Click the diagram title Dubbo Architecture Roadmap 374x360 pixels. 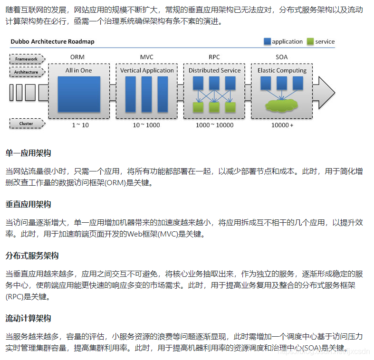tap(52, 41)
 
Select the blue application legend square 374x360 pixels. tap(268, 41)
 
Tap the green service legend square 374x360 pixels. tap(310, 41)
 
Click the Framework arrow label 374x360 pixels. tap(27, 59)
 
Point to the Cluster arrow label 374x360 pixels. tap(27, 124)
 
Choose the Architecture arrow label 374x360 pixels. tap(27, 72)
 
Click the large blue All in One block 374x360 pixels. tap(79, 94)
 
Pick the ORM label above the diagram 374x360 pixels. tap(77, 57)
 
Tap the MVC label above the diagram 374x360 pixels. tap(147, 57)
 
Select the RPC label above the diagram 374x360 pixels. tap(214, 57)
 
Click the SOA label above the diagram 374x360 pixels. tap(282, 57)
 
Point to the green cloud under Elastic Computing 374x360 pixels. tap(284, 104)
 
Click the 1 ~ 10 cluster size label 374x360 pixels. tap(80, 125)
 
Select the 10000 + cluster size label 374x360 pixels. tap(282, 125)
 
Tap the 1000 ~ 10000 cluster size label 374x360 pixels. tap(214, 125)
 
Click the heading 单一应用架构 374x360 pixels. tap(29, 153)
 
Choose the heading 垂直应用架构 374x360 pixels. tap(29, 204)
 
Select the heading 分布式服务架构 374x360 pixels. tap(32, 256)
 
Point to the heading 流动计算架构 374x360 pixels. tap(29, 318)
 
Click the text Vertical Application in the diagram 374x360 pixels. tap(147, 70)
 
